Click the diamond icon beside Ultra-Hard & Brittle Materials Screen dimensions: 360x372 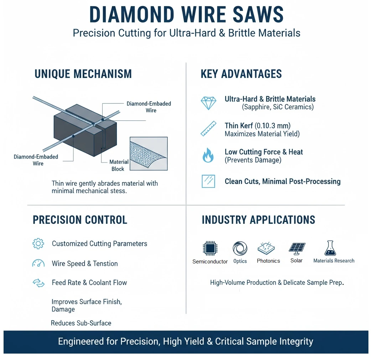coord(208,103)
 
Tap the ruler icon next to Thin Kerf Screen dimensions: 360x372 coord(208,129)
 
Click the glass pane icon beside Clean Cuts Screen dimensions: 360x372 coord(208,181)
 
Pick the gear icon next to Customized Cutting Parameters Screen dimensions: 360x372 coord(38,244)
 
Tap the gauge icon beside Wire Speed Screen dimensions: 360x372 coord(38,263)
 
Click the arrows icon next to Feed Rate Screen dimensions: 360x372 coord(38,283)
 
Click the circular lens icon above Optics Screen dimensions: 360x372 coord(240,248)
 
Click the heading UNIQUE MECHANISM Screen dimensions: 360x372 coord(83,74)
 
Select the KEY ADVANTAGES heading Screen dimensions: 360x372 coord(241,74)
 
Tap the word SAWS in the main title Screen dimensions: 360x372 coord(255,15)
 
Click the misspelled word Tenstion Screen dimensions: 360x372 coord(105,264)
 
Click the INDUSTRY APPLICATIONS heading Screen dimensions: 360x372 coord(258,220)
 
